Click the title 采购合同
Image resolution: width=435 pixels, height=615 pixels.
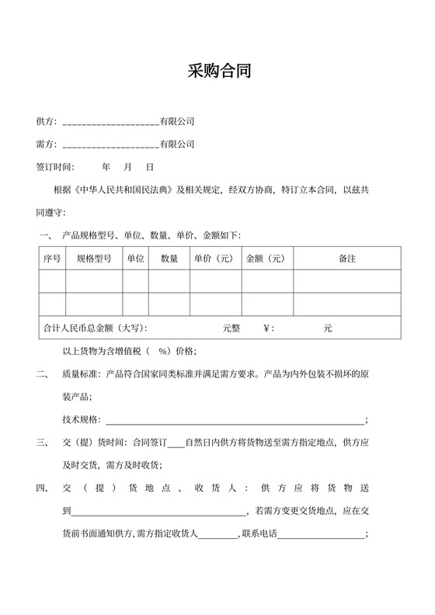click(x=218, y=73)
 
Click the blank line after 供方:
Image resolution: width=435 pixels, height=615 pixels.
click(x=110, y=123)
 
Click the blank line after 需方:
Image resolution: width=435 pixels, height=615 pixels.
click(x=110, y=144)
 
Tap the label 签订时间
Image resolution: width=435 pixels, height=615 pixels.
click(x=55, y=167)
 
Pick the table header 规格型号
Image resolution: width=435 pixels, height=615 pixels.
click(x=94, y=259)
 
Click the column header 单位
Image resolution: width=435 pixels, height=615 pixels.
click(x=135, y=259)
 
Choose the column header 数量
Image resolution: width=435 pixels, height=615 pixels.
click(x=169, y=259)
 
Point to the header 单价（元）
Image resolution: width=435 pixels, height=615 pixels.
click(x=214, y=259)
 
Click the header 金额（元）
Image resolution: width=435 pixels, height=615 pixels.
click(x=266, y=259)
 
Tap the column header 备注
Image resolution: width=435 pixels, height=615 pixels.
click(x=347, y=259)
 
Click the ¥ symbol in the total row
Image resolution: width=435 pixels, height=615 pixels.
click(x=269, y=328)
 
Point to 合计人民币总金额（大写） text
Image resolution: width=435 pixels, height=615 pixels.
click(x=95, y=328)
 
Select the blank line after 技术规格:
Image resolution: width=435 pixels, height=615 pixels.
click(x=233, y=420)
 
